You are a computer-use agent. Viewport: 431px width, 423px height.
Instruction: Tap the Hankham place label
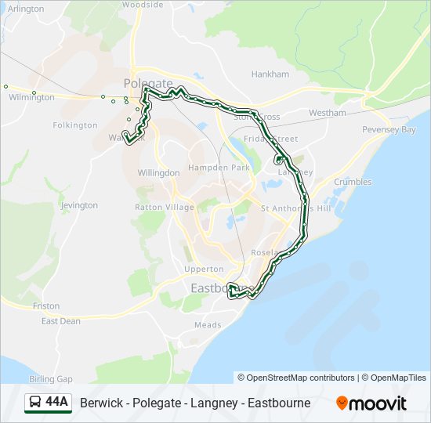coord(270,74)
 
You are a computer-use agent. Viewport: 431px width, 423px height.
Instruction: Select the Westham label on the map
coord(327,113)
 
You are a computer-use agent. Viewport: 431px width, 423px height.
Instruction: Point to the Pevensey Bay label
coord(389,129)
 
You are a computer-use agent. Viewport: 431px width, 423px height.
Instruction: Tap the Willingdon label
coord(158,172)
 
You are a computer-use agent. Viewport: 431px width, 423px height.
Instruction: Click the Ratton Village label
coord(164,208)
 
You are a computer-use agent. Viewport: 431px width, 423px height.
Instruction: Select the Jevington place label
coord(79,205)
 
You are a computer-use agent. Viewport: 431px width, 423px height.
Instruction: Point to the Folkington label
coord(75,125)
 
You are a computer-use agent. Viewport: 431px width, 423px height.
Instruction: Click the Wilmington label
coord(31,97)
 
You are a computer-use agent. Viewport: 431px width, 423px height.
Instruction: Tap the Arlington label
coord(26,9)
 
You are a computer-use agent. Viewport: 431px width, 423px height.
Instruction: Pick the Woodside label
coord(143,5)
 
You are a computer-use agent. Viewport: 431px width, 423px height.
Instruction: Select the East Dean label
coord(60,321)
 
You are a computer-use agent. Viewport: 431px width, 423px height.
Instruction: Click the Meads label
coord(208,325)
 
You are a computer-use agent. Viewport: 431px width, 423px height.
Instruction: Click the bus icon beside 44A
coord(35,403)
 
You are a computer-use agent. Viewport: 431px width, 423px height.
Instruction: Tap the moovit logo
coord(371,403)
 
